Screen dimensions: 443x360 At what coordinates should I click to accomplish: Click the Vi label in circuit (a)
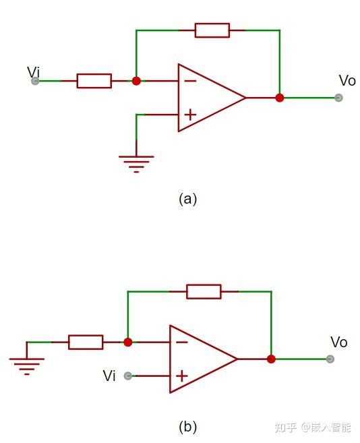coord(33,71)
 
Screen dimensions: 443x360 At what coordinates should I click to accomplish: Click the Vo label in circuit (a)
coord(347,81)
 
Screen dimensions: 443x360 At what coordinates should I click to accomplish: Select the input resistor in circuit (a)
coord(94,81)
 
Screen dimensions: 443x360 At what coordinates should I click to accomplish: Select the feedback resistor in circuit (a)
coord(212,30)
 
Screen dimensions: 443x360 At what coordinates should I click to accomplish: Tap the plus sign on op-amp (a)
coord(190,115)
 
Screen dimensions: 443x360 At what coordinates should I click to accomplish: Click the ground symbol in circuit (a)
coord(136,163)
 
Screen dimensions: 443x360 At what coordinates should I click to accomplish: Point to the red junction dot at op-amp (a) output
coord(280,98)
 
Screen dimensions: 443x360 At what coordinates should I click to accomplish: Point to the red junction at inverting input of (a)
coord(136,81)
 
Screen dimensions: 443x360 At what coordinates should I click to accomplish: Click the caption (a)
coord(187,199)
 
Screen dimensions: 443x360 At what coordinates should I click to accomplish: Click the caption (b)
coord(187,427)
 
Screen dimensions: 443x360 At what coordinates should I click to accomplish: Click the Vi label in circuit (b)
coord(109,376)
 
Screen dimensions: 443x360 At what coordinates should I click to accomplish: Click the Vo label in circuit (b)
coord(338,343)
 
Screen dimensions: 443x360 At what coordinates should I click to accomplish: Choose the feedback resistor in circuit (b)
coord(204,291)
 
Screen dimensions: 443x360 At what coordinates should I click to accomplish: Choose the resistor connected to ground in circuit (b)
coord(86,342)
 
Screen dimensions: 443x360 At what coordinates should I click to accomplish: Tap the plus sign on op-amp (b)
coord(181,376)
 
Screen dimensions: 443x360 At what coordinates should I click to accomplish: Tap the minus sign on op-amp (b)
coord(181,342)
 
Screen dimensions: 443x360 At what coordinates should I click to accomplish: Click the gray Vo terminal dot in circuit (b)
coord(330,359)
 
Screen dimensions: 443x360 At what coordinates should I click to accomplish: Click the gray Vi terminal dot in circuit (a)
coord(35,81)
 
